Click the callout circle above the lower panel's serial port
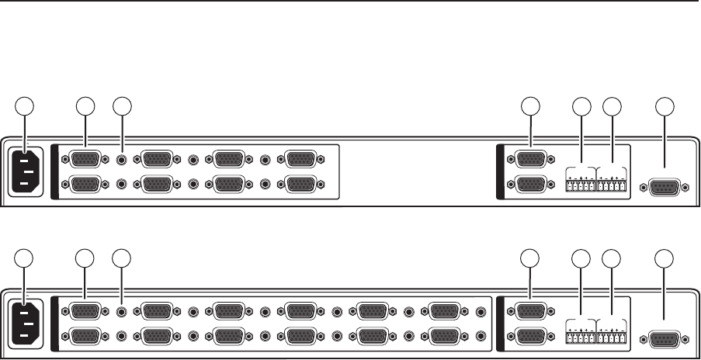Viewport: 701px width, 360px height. [x=664, y=259]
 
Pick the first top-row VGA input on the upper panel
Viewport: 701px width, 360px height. [x=85, y=160]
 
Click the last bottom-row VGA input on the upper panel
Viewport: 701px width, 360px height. [x=300, y=185]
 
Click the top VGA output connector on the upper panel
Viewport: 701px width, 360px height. [x=530, y=160]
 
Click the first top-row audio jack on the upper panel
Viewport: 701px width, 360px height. [x=122, y=160]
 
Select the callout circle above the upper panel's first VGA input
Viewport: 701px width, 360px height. [x=85, y=106]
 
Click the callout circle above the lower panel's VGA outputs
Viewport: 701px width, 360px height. [x=530, y=259]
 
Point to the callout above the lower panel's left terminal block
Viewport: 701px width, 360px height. [x=580, y=259]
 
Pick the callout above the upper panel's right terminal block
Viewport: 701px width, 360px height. [x=613, y=106]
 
